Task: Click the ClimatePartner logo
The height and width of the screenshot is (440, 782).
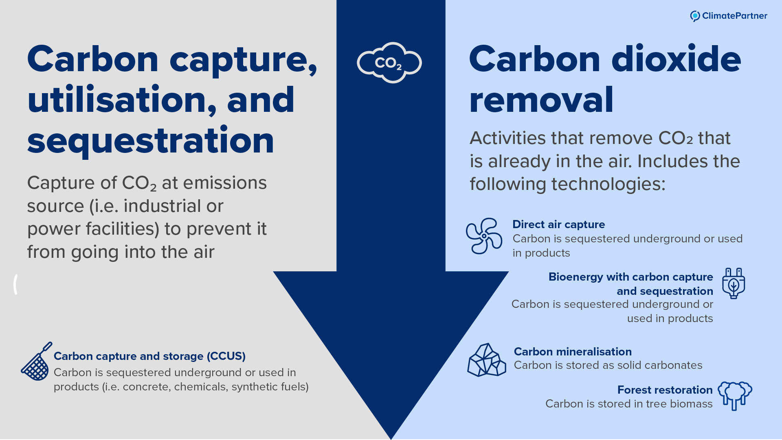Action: pyautogui.click(x=728, y=16)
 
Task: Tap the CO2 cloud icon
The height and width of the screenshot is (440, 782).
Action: pyautogui.click(x=389, y=63)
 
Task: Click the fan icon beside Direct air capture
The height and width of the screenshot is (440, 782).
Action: pyautogui.click(x=484, y=236)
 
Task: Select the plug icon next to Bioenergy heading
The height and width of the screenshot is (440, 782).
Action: pyautogui.click(x=733, y=283)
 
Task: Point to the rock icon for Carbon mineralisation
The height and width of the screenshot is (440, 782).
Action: pyautogui.click(x=486, y=360)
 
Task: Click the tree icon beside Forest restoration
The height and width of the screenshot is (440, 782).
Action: pyautogui.click(x=735, y=395)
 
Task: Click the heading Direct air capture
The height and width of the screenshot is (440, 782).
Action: pyautogui.click(x=558, y=224)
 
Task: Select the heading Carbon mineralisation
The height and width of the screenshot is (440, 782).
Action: pyautogui.click(x=573, y=352)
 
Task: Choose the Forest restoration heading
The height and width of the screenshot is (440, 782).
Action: pyautogui.click(x=665, y=390)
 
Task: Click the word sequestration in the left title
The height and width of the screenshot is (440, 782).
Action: pyautogui.click(x=151, y=141)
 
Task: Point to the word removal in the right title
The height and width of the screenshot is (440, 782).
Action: pyautogui.click(x=541, y=100)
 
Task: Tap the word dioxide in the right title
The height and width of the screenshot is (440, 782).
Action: pyautogui.click(x=676, y=59)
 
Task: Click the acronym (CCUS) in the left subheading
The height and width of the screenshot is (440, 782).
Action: pyautogui.click(x=226, y=356)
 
